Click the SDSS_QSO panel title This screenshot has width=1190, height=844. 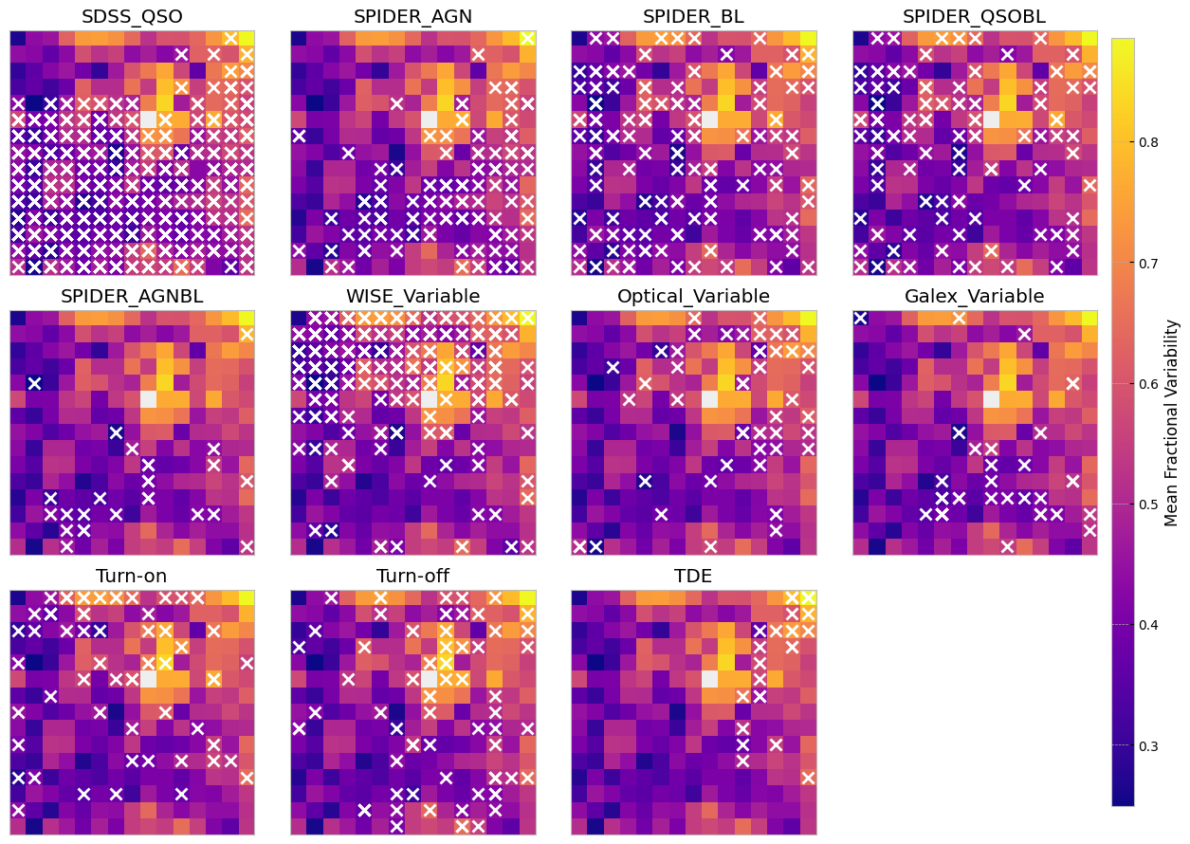pyautogui.click(x=132, y=16)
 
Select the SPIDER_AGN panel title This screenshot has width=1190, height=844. pyautogui.click(x=412, y=16)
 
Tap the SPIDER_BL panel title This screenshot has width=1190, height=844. pyautogui.click(x=693, y=16)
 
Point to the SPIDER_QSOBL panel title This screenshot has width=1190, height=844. pyautogui.click(x=974, y=16)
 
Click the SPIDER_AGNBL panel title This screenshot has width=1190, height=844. pyautogui.click(x=132, y=296)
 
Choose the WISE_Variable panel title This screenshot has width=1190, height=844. pyautogui.click(x=412, y=296)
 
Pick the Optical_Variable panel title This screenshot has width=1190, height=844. pyautogui.click(x=693, y=296)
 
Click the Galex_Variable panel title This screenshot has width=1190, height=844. pyautogui.click(x=974, y=296)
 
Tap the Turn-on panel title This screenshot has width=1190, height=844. pyautogui.click(x=132, y=577)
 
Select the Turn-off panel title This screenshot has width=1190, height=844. pyautogui.click(x=412, y=577)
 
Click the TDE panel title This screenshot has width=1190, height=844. pyautogui.click(x=693, y=577)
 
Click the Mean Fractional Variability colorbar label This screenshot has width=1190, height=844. pyautogui.click(x=1172, y=422)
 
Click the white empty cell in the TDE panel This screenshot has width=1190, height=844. pyautogui.click(x=709, y=678)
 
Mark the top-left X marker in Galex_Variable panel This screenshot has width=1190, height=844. pyautogui.click(x=860, y=318)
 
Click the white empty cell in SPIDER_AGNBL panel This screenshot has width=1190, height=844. pyautogui.click(x=149, y=398)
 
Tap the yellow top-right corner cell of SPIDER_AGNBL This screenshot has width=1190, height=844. pyautogui.click(x=246, y=318)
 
